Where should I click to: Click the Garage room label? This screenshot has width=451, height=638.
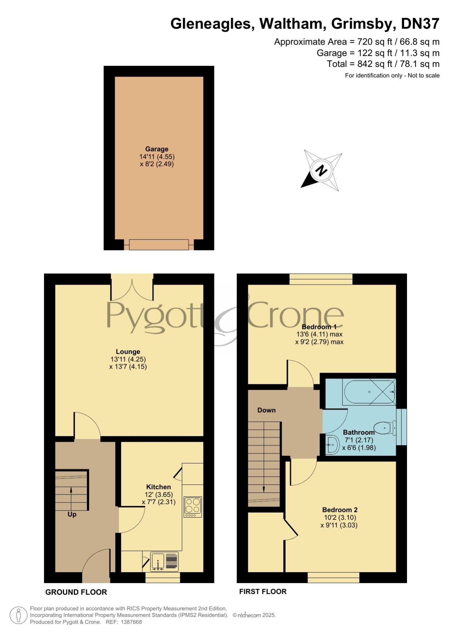(157, 149)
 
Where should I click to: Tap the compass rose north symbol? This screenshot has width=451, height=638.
(321, 170)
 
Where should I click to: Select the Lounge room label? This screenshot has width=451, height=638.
(128, 352)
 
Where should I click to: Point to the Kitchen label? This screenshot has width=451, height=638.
(158, 487)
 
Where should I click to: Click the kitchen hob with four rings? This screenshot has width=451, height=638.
(193, 507)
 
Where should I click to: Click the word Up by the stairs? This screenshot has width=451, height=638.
(72, 514)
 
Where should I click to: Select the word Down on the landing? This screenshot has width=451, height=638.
(266, 410)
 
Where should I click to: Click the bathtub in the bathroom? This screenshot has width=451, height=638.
(369, 392)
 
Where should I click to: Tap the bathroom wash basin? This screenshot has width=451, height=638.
(332, 445)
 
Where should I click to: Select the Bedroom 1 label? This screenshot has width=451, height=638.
(319, 327)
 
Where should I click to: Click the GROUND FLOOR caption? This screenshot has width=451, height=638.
(76, 592)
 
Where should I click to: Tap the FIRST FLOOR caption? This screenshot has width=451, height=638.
(263, 591)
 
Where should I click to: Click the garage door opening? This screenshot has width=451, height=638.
(159, 245)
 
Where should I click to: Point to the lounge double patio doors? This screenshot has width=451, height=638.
(132, 287)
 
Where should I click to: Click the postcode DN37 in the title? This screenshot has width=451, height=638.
(420, 24)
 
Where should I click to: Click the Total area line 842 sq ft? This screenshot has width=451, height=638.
(383, 64)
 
